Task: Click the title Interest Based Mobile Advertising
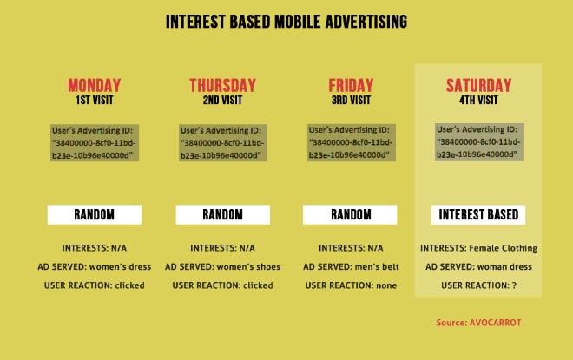click(286, 21)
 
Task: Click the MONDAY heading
click(94, 85)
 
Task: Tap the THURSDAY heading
click(222, 85)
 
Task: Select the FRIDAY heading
click(350, 85)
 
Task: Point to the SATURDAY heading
click(478, 85)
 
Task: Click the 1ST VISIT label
click(94, 100)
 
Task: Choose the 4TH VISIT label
click(478, 100)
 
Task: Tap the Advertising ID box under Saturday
click(479, 141)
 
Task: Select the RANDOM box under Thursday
click(222, 214)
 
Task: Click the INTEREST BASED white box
click(478, 214)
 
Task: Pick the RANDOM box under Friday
click(350, 214)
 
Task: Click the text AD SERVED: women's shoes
click(222, 266)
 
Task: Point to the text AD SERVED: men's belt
click(350, 266)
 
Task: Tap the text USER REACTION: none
click(350, 285)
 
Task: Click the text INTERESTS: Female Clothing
click(478, 248)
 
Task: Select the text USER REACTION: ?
click(478, 285)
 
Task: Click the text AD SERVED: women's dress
click(94, 266)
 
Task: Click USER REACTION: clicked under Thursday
click(222, 285)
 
